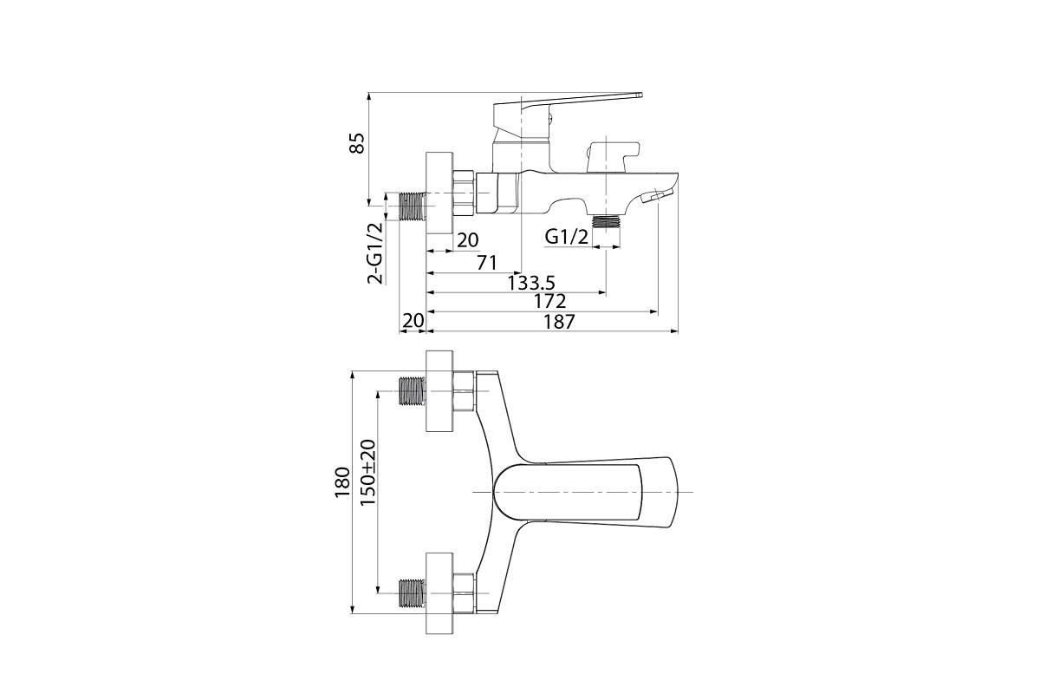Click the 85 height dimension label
[357, 143]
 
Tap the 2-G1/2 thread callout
[375, 252]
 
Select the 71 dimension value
[486, 263]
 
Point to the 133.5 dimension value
[531, 283]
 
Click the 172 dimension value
[549, 302]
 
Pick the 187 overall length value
[560, 322]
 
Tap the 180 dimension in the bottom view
[342, 482]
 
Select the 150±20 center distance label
[367, 473]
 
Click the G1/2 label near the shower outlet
[567, 237]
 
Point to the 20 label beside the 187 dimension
[413, 321]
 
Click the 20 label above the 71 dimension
[467, 240]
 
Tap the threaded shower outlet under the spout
[607, 221]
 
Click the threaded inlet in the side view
[413, 206]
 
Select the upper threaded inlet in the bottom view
[413, 391]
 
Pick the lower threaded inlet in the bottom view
[413, 593]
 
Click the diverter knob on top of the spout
[613, 157]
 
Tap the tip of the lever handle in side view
[641, 95]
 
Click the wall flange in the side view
[439, 193]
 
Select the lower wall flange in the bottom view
[439, 593]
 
